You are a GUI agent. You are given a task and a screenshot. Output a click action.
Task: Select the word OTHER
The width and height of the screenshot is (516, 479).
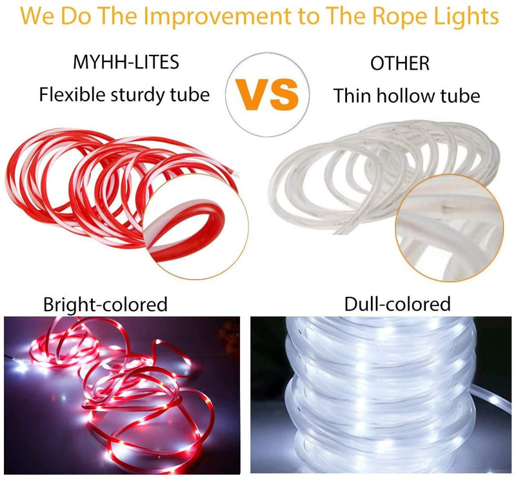tap(399, 64)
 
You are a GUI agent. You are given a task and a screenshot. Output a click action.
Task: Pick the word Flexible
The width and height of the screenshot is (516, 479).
tap(70, 95)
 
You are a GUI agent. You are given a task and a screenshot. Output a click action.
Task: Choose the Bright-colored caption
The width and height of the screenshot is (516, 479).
tap(105, 304)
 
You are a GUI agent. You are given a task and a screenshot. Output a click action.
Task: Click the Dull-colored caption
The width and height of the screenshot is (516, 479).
tap(397, 303)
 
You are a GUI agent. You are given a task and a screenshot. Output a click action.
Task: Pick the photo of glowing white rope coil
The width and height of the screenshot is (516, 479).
tap(382, 396)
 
